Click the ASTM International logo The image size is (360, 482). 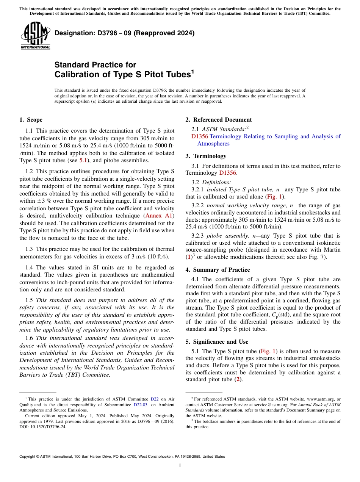[x=35, y=35]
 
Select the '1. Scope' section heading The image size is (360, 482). [x=31, y=120]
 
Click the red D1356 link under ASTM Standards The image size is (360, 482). [x=199, y=136]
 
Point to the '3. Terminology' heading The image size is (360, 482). [x=206, y=156]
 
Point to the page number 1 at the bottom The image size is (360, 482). [x=180, y=465]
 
